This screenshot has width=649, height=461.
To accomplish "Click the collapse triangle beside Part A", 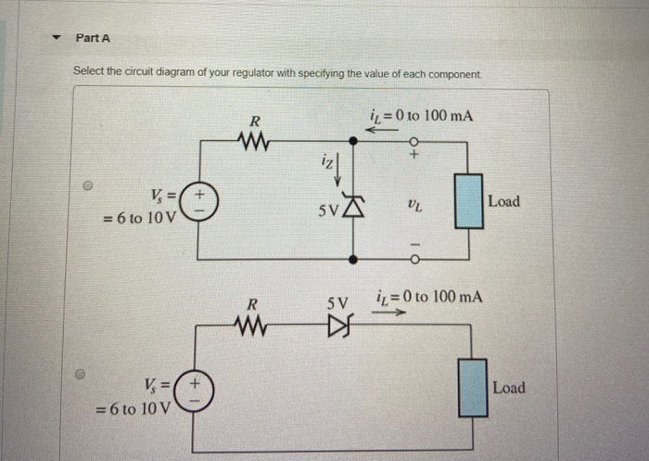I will tap(57, 39).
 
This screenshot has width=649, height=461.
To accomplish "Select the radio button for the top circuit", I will tap(87, 186).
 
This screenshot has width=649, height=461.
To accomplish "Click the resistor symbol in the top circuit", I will tap(253, 142).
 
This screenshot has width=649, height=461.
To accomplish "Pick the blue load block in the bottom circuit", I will tap(473, 388).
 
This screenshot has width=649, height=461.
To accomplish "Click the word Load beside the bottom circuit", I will tap(508, 388).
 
